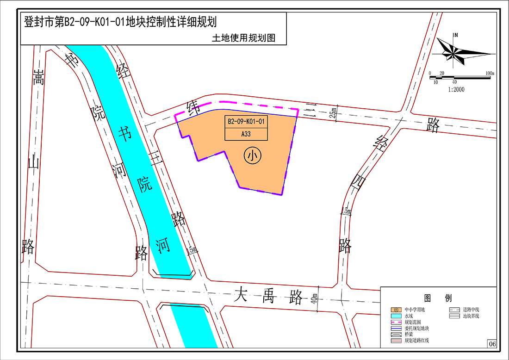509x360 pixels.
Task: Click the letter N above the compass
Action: (456, 35)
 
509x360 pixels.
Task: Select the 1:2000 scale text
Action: (456, 89)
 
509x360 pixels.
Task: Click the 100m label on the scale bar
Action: (490, 73)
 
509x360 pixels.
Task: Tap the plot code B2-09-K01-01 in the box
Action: (246, 122)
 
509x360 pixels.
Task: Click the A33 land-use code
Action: (246, 134)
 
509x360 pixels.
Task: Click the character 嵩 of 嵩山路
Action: (38, 78)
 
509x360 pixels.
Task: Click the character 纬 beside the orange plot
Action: (192, 107)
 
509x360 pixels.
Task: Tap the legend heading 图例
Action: (438, 298)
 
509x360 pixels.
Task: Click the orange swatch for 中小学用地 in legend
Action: (397, 309)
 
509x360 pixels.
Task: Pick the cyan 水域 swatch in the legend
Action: (397, 316)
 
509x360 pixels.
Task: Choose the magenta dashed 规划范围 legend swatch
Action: (397, 322)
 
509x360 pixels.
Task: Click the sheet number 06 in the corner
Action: (491, 344)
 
